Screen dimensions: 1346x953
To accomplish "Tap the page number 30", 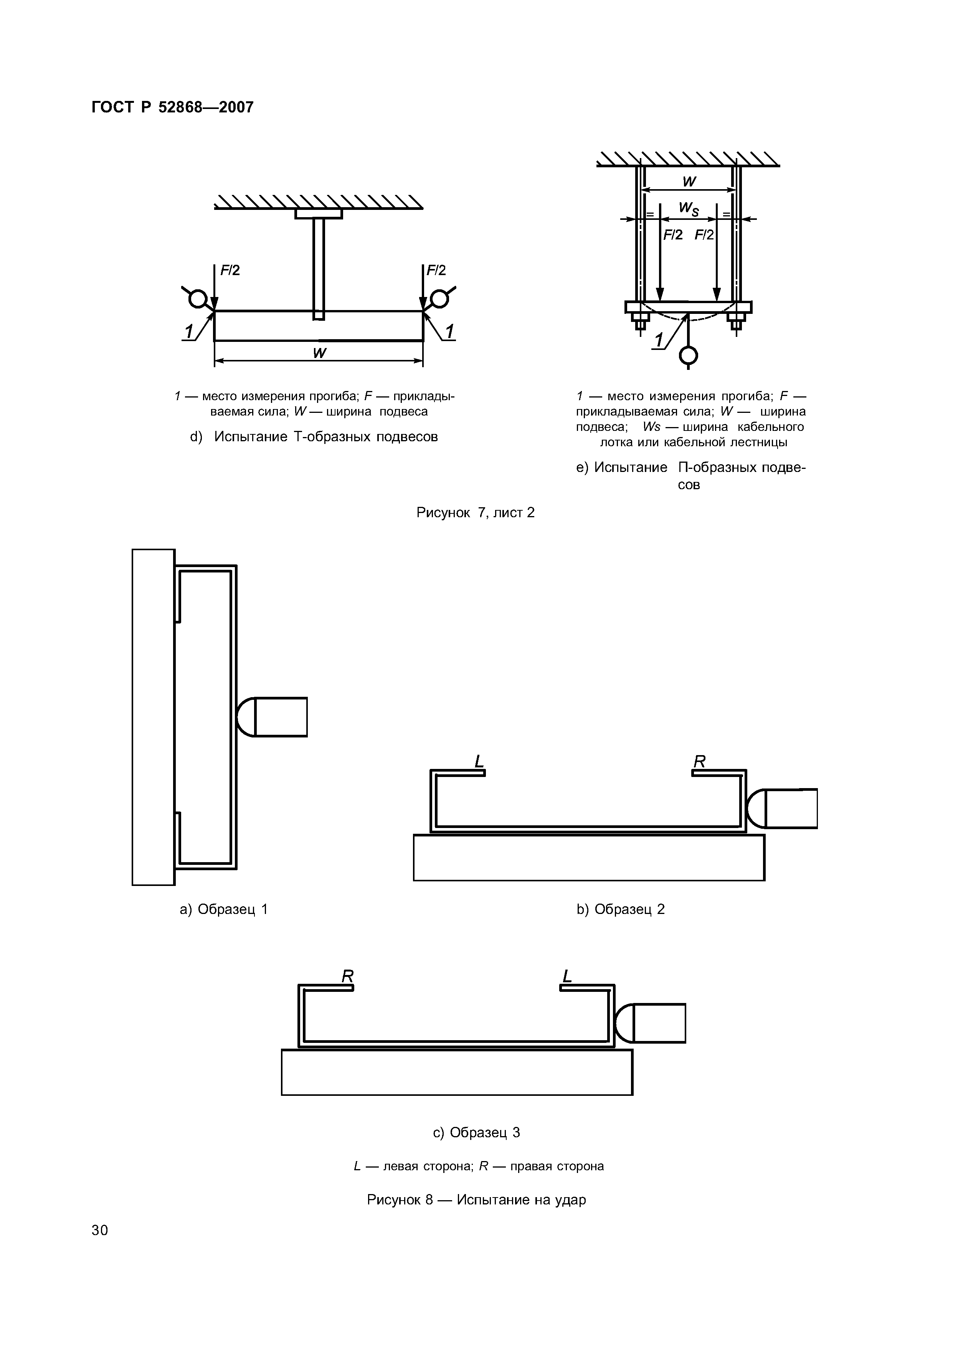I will coord(100,1230).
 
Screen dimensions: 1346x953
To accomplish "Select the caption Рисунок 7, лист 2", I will coord(475,513).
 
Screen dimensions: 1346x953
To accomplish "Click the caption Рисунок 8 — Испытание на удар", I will coord(476,1199).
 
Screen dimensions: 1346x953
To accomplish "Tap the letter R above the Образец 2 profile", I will coord(699,761).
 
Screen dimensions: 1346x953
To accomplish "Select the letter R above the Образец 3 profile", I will coord(347,976).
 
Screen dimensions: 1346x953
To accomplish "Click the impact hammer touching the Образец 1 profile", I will coord(272,717).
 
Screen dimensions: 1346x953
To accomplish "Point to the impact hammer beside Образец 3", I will coord(650,1023).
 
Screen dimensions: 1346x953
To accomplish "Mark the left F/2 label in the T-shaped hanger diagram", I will coord(230,271).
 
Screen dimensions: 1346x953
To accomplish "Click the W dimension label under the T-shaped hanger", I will coord(319,353).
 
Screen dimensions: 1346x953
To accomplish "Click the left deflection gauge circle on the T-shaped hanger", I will coord(198,299).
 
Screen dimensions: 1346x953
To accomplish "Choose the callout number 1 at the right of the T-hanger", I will coord(449,332).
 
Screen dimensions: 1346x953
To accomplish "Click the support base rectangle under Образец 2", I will coord(589,858).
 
